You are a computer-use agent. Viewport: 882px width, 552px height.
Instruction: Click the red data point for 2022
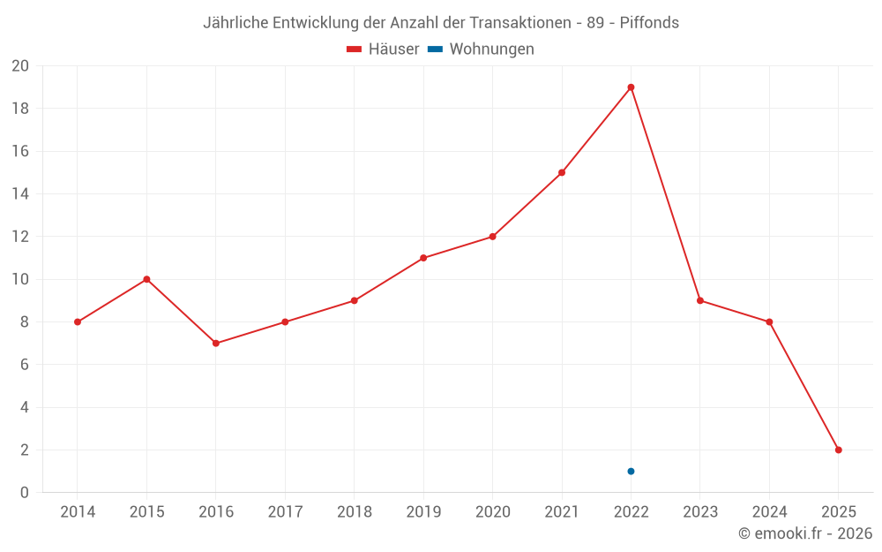631,87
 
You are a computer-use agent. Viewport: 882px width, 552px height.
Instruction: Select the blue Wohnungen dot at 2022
631,471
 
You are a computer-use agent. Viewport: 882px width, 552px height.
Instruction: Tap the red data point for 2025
838,450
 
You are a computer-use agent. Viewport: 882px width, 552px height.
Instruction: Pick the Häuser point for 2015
146,279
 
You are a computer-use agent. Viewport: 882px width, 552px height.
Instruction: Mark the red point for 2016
216,343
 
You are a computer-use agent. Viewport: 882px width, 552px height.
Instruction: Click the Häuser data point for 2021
562,172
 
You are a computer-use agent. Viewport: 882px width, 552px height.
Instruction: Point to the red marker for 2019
423,258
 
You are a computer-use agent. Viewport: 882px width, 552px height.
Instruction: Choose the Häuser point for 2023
700,300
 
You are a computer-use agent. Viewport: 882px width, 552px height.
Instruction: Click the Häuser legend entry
383,49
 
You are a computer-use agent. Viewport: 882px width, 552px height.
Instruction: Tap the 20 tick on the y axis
19,66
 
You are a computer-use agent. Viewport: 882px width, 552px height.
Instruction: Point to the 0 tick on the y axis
24,493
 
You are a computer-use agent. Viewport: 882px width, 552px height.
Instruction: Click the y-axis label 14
19,194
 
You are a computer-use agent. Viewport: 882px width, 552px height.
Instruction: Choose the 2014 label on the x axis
78,512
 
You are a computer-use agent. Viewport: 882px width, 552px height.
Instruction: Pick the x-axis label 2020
492,512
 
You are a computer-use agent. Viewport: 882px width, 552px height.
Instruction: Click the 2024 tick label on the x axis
769,512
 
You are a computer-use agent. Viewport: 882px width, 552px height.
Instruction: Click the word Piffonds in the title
649,23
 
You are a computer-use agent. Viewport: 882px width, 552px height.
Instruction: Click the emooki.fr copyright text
804,533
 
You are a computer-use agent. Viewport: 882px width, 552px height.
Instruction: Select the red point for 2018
354,300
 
